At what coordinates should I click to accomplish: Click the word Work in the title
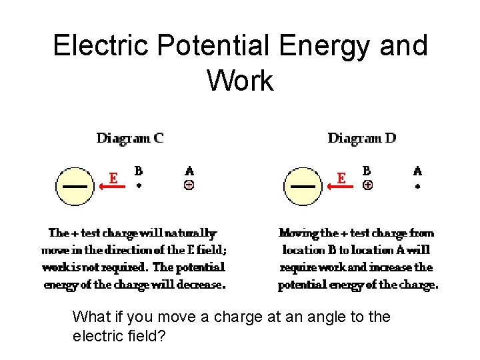click(x=240, y=81)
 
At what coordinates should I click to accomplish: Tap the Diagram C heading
click(x=130, y=138)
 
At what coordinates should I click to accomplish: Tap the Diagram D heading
click(x=362, y=138)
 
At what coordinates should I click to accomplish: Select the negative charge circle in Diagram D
click(x=303, y=186)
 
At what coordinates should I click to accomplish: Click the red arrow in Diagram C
click(x=113, y=187)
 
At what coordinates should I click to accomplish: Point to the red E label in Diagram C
click(x=114, y=178)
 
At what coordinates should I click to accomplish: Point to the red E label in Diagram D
click(x=342, y=178)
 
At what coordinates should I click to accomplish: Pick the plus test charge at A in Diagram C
click(x=189, y=185)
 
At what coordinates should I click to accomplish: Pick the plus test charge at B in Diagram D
click(x=367, y=185)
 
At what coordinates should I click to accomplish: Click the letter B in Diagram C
click(x=139, y=171)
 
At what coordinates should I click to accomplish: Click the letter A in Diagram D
click(x=418, y=171)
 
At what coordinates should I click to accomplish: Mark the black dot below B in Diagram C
click(x=139, y=186)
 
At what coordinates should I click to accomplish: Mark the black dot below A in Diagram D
click(x=418, y=187)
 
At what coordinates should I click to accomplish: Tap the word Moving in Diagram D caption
click(x=299, y=233)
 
